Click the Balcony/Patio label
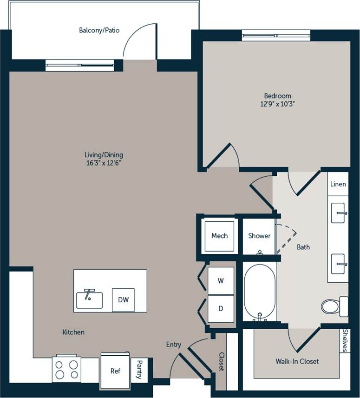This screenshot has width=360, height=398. pos(99,31)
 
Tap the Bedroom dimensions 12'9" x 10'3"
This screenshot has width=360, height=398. pos(277,104)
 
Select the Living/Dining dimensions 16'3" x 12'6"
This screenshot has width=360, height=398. pos(104,163)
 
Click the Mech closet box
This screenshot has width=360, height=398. pos(219,236)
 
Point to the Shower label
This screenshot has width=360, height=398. pos(259,236)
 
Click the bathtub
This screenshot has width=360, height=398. pos(260,292)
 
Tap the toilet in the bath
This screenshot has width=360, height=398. pos(332,305)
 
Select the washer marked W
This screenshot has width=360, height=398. pos(221,281)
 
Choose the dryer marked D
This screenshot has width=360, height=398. pos(221,308)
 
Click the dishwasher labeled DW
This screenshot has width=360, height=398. pos(123,300)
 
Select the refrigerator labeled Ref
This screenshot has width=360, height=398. pos(115,371)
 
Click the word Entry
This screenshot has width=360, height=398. pos(174,345)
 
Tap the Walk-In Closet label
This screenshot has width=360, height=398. pos(297,361)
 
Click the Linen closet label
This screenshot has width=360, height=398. pos(338,184)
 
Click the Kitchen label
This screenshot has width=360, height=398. pos(73,332)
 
